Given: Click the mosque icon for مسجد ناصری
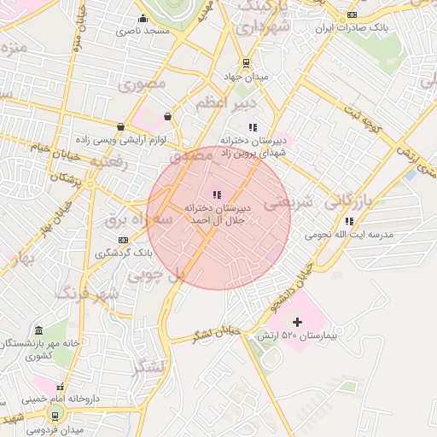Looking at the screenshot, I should [x=143, y=19].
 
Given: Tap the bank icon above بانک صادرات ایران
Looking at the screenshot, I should [x=353, y=15].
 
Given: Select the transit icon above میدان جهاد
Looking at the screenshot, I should [x=246, y=62].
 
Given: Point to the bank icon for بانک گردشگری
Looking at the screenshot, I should [x=124, y=240].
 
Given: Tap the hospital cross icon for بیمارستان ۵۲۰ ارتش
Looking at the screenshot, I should [x=297, y=322].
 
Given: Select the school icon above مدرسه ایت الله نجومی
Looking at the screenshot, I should [x=349, y=221].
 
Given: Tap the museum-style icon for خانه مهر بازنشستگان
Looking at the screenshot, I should [x=38, y=330].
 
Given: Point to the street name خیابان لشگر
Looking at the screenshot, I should [x=218, y=335].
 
